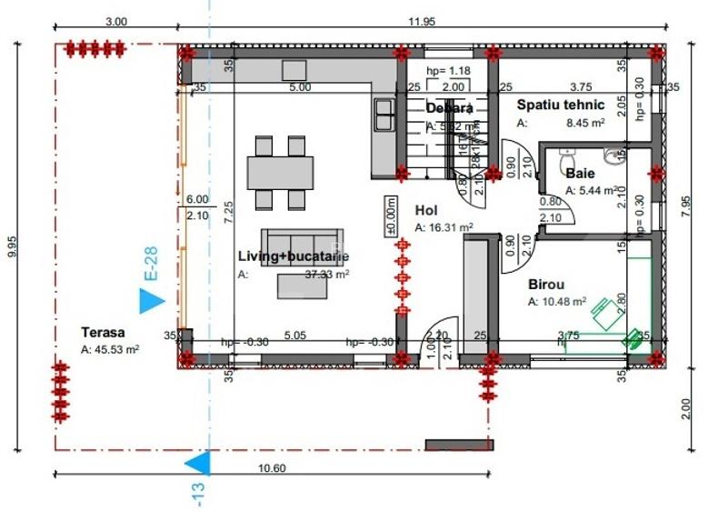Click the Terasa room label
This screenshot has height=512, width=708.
[102, 333]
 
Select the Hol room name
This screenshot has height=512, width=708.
[426, 209]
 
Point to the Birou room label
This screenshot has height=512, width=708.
[547, 283]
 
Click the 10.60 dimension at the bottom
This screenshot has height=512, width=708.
[272, 467]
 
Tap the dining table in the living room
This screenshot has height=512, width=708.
[280, 172]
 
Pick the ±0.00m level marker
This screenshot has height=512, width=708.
[391, 216]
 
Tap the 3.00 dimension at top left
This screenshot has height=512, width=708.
[116, 20]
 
